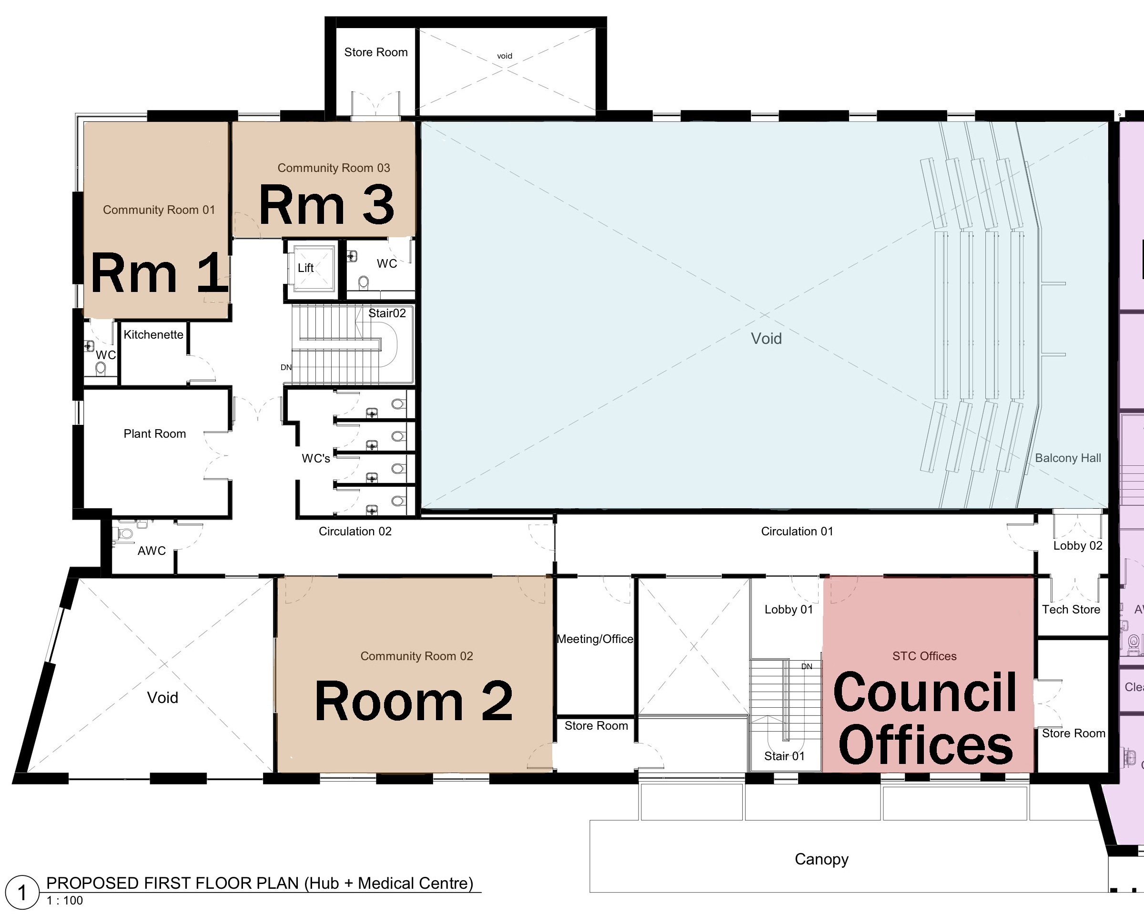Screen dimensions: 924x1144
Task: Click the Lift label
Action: point(305,268)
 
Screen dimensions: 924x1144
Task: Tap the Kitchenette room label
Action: point(153,335)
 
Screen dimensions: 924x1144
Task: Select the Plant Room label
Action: point(155,434)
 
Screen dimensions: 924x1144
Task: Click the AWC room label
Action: point(152,551)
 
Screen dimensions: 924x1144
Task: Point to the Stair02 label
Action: point(387,313)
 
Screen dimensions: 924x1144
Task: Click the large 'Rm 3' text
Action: point(326,205)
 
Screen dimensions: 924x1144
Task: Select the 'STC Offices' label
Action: point(924,656)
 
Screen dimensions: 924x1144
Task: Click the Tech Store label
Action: point(1071,610)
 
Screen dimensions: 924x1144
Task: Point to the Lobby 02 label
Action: point(1077,545)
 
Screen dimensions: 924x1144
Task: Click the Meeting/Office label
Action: point(595,639)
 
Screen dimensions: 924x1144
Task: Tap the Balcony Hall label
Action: point(1068,458)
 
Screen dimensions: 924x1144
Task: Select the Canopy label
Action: point(821,859)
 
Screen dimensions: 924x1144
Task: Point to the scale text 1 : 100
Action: point(65,901)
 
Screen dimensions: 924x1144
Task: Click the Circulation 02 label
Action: point(355,531)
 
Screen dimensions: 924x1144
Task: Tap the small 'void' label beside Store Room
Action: point(505,56)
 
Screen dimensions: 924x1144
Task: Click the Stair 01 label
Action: point(784,756)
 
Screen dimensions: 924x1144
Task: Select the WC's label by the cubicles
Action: point(316,458)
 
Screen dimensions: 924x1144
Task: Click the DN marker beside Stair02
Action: point(286,367)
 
